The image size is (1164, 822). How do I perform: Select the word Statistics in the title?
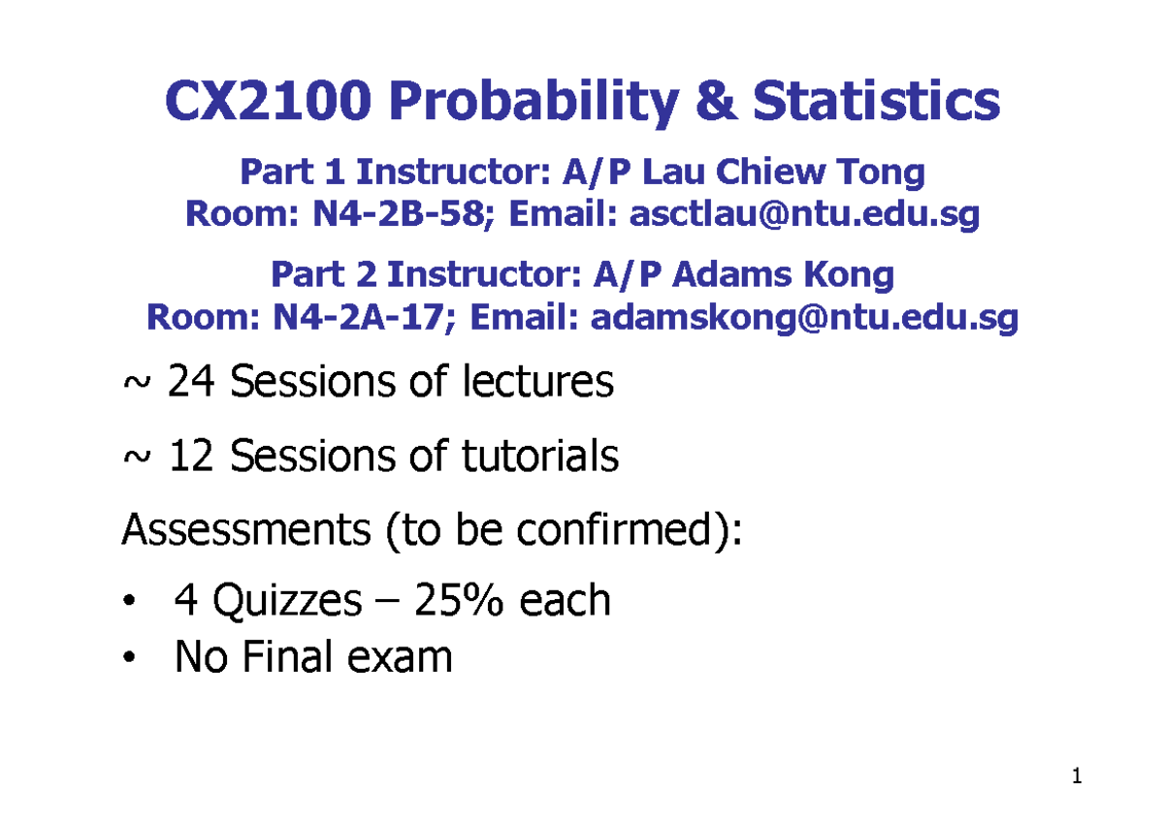point(876,101)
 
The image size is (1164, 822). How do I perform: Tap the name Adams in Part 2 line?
point(725,275)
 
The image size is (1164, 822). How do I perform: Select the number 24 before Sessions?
point(188,384)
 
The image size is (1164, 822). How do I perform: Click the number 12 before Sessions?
point(190,457)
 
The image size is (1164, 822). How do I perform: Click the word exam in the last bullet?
point(404,658)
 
